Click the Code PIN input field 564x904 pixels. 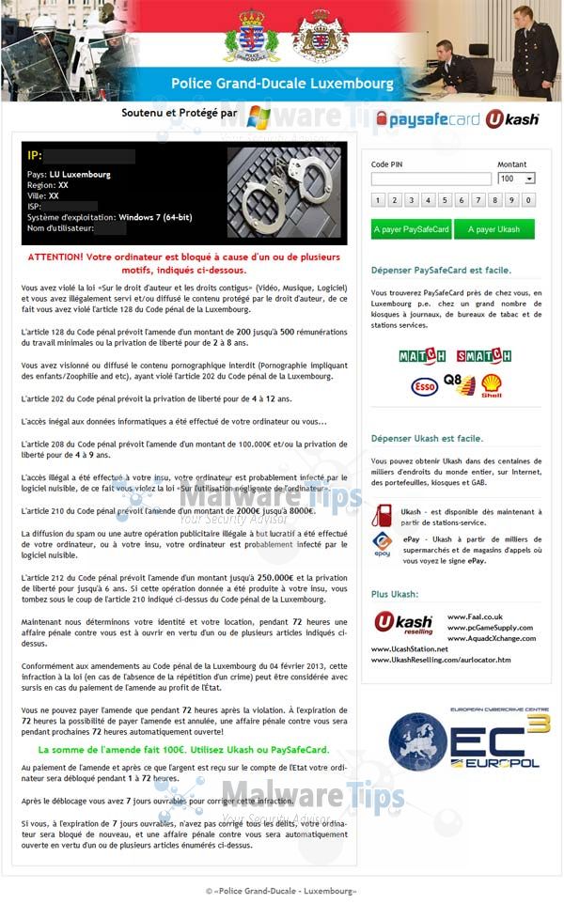point(431,179)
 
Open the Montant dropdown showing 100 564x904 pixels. point(516,179)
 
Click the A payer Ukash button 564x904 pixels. point(493,229)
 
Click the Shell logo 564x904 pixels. point(491,385)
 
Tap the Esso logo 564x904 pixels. point(425,386)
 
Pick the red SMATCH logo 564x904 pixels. point(483,356)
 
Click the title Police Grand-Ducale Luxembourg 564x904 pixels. point(282,84)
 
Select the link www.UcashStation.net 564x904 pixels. point(410,648)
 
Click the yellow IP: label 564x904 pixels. point(35,155)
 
